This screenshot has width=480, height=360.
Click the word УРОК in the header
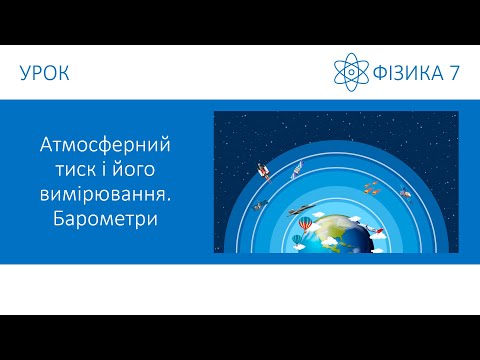tap(44, 73)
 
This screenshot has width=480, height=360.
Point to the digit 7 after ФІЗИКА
tap(455, 72)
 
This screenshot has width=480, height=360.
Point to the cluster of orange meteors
tap(371, 186)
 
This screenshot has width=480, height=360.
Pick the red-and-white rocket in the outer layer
tap(264, 171)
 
